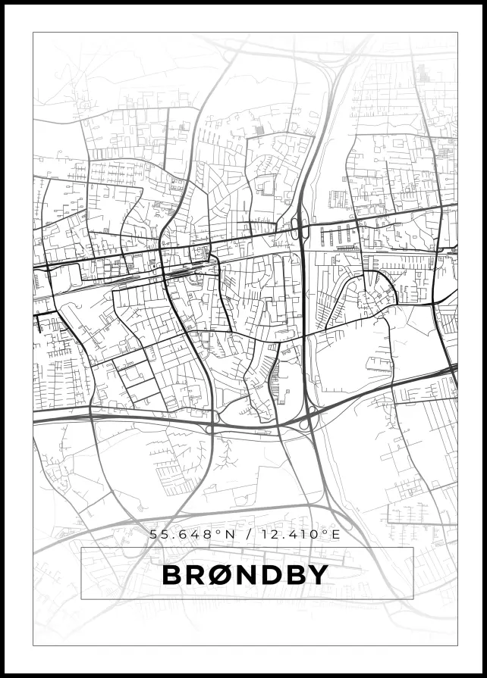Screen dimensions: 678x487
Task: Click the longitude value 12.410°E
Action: [298, 534]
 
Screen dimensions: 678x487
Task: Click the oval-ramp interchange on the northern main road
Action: [297, 228]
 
